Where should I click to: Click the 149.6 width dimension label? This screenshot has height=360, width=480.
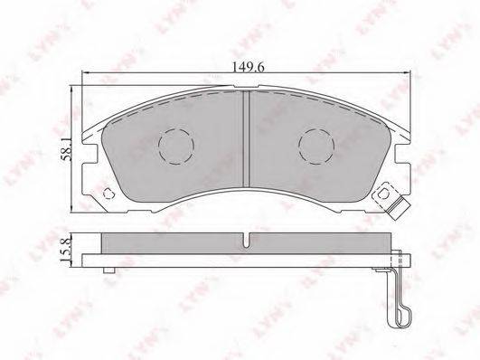click(x=248, y=67)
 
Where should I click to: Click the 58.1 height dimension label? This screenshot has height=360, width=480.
click(x=66, y=149)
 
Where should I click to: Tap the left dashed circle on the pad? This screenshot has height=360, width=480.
click(x=176, y=147)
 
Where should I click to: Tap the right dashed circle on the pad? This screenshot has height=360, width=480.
click(x=316, y=147)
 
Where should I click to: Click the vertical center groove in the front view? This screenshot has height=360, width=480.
click(x=247, y=138)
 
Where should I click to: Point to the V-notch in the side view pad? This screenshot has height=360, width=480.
click(x=247, y=240)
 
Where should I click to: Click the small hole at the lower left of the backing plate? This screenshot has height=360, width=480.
click(x=108, y=194)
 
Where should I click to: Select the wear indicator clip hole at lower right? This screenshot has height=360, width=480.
click(x=383, y=194)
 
